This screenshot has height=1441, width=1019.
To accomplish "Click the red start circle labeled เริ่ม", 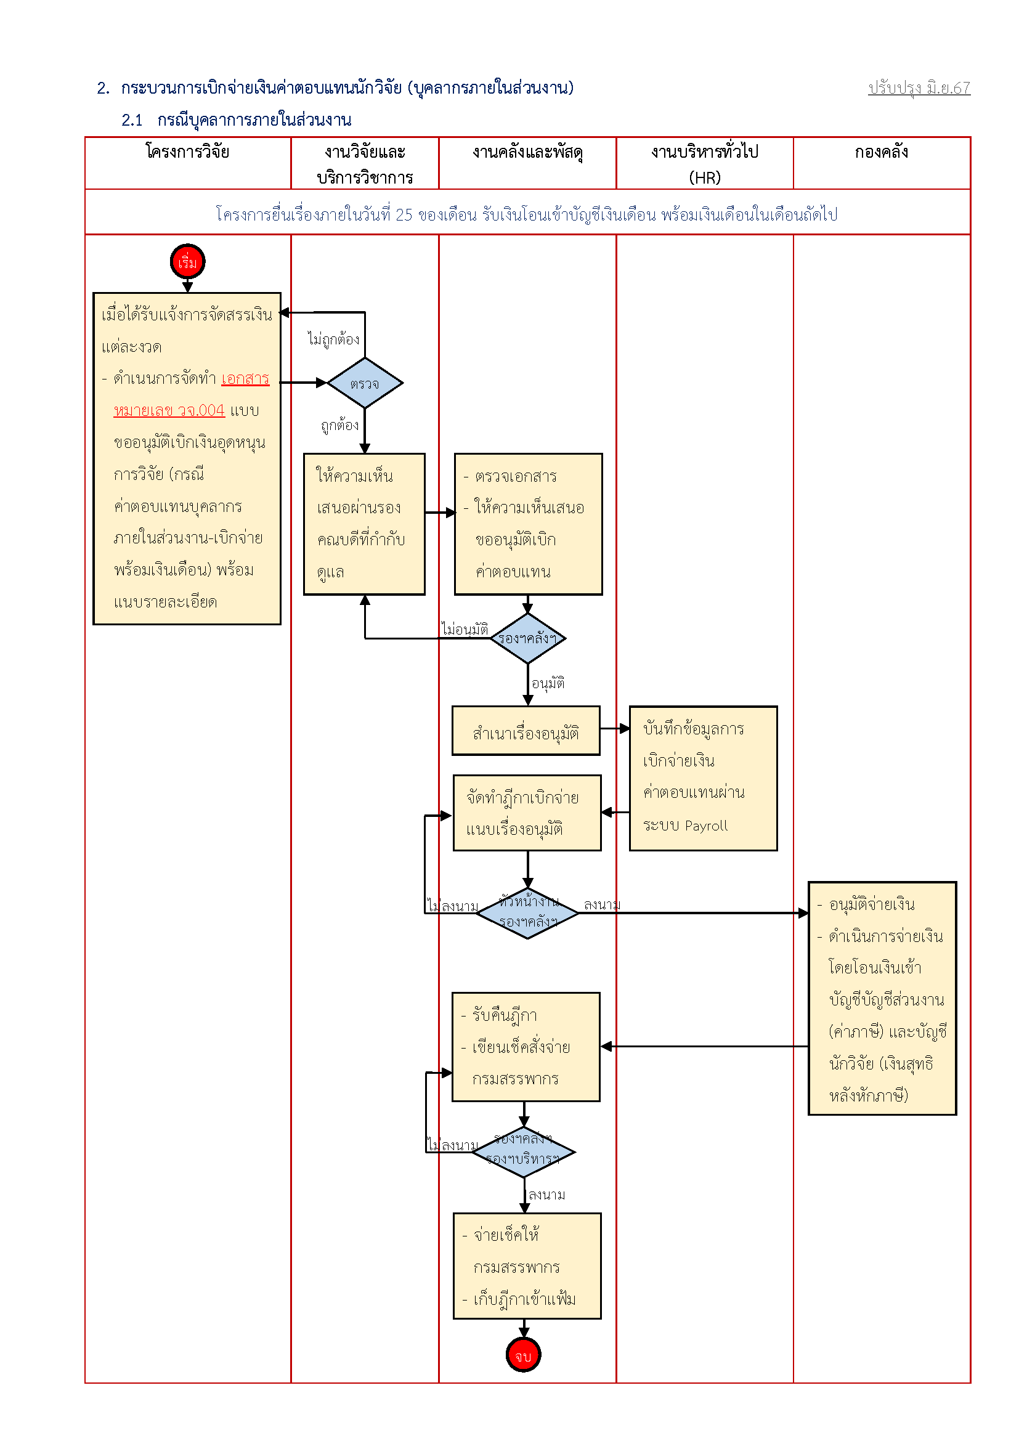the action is [188, 262].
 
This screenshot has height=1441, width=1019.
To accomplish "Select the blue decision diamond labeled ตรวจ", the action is [365, 383].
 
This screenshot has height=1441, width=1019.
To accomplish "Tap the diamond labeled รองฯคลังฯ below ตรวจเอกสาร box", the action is [528, 638].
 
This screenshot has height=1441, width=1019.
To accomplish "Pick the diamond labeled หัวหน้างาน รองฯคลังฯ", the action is [528, 913].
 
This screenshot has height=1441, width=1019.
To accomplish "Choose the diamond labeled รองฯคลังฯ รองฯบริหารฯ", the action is [524, 1151].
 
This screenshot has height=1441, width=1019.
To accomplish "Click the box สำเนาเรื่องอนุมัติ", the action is [526, 731].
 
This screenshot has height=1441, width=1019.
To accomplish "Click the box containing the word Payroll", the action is [704, 778].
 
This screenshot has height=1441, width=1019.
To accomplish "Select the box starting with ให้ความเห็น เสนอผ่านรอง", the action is [365, 524].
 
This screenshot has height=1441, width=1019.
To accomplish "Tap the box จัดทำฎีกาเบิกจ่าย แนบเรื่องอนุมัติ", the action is [527, 813].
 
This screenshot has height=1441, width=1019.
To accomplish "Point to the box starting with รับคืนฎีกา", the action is [526, 1047].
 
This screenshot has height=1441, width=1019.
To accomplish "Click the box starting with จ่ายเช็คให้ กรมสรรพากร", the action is [527, 1266].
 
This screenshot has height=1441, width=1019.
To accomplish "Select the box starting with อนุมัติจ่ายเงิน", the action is [882, 998].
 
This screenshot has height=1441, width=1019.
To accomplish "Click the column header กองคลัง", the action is [881, 152].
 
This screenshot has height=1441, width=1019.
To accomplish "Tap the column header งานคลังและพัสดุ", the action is [528, 153].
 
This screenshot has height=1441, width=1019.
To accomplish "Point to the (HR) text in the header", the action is [705, 177].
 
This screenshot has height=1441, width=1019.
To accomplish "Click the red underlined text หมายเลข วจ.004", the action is [169, 410].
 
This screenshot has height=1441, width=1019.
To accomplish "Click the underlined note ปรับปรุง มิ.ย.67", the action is [919, 88].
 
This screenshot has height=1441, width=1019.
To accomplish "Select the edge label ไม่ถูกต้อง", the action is [334, 339].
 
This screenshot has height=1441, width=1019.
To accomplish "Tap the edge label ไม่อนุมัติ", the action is [465, 628].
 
